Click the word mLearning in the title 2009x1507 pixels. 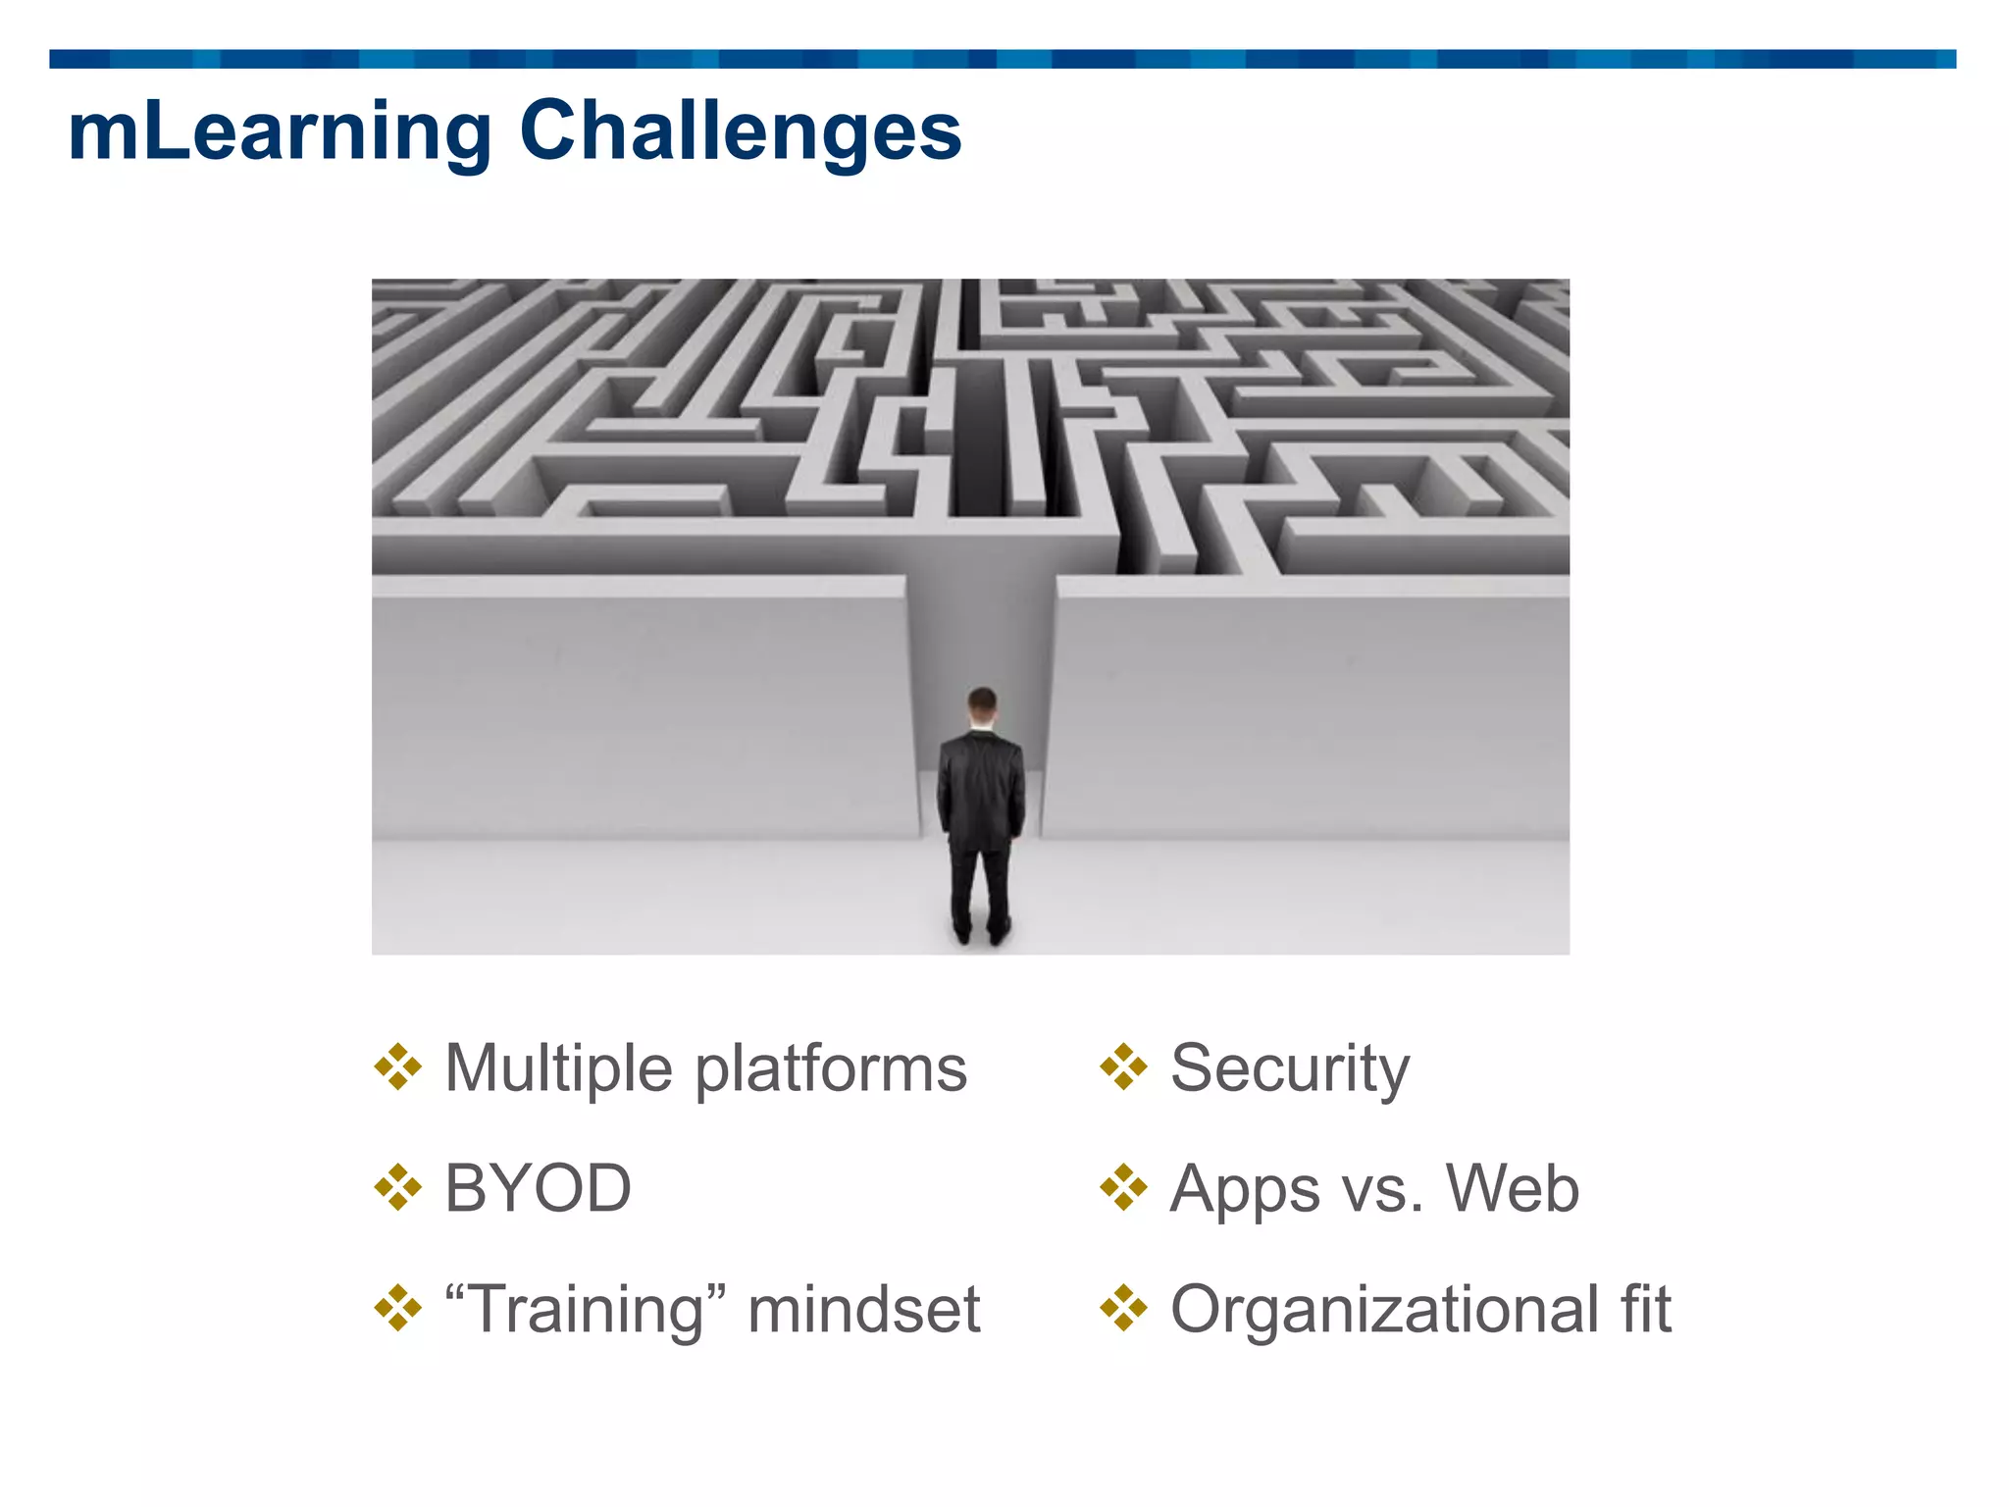pyautogui.click(x=280, y=132)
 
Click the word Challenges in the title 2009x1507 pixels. pyautogui.click(x=741, y=132)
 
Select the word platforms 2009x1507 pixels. pyautogui.click(x=831, y=1069)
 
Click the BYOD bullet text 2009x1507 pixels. pyautogui.click(x=538, y=1188)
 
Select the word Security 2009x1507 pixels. pyautogui.click(x=1290, y=1069)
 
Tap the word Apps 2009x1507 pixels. pyautogui.click(x=1245, y=1190)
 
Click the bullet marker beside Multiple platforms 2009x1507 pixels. pyautogui.click(x=397, y=1067)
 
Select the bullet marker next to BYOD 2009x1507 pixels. pyautogui.click(x=397, y=1188)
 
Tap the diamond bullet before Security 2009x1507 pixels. pyautogui.click(x=1123, y=1067)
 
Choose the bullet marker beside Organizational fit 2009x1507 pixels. pyautogui.click(x=1123, y=1309)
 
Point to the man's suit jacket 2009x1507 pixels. pyautogui.click(x=981, y=785)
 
